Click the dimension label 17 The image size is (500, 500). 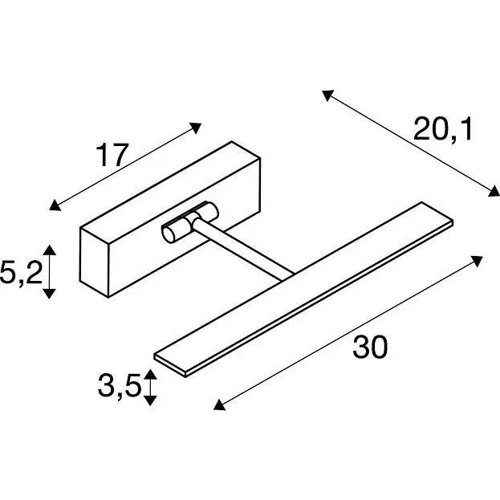coord(112,155)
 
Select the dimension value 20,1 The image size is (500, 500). coord(442,129)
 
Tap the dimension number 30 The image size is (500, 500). coord(370,347)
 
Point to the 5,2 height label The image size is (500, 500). coord(21,272)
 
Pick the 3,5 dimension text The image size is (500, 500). coord(120,386)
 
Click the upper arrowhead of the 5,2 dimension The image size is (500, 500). coord(50,250)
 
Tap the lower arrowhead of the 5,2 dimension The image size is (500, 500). coord(50,294)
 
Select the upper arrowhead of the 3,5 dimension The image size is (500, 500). coord(151,374)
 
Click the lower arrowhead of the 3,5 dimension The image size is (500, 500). coord(151,400)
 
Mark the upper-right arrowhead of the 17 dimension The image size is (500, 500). coord(196,128)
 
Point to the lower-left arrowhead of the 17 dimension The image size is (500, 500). coord(55,205)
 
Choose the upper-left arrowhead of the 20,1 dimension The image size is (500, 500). coord(327,96)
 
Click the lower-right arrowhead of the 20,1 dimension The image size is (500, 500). coord(494,191)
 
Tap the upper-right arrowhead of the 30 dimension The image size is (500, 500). coord(477,261)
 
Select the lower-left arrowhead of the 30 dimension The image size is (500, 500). coord(219,405)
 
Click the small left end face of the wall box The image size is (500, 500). coord(94,262)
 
